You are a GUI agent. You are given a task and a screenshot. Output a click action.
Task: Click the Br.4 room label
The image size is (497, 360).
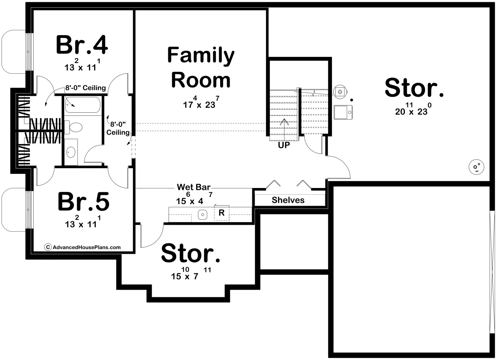(x=82, y=45)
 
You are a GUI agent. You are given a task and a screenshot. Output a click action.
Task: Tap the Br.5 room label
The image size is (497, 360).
(x=83, y=202)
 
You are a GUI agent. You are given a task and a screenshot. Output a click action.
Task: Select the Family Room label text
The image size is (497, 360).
(x=201, y=67)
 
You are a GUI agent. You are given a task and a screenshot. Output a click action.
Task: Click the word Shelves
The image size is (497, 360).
(x=288, y=200)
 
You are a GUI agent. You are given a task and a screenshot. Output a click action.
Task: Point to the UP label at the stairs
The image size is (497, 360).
(x=284, y=145)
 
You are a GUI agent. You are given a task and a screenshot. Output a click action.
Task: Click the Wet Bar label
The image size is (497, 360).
(x=193, y=187)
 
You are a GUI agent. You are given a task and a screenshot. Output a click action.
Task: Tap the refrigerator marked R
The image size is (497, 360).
(x=221, y=213)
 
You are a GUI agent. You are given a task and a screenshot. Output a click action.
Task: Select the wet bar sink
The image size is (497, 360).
(x=203, y=215)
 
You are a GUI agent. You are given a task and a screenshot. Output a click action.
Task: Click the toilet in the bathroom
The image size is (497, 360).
(x=73, y=127)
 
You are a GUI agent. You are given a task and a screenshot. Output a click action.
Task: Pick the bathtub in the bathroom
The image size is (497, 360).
(x=83, y=105)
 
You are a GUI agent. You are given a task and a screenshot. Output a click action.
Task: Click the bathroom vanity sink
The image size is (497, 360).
(x=71, y=152)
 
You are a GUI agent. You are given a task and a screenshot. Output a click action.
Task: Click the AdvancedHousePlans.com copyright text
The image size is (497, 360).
(x=83, y=247)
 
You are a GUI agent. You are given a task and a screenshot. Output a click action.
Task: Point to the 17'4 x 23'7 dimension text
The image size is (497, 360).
(x=201, y=102)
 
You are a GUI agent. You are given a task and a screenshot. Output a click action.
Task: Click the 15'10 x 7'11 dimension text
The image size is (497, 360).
(x=191, y=274)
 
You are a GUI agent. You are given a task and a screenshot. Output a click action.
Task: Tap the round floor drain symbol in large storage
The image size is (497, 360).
(x=476, y=167)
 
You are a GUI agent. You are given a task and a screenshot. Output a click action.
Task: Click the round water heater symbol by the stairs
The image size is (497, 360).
(x=340, y=91)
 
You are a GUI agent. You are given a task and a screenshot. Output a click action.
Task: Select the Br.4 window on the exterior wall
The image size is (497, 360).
(x=28, y=52)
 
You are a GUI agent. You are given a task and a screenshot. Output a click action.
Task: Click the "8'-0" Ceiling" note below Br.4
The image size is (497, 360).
(x=86, y=88)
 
